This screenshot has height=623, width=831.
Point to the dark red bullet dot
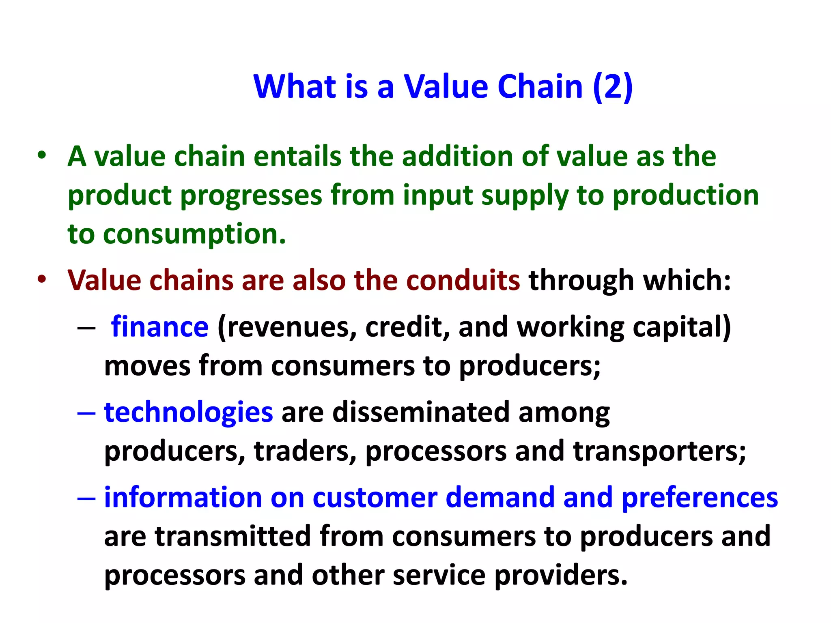(x=42, y=279)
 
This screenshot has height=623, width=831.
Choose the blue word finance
(x=160, y=327)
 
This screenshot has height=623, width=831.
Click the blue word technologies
(x=188, y=412)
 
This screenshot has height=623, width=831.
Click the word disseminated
(x=420, y=412)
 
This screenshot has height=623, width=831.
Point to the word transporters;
(x=659, y=451)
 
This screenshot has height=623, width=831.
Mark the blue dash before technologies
(x=86, y=413)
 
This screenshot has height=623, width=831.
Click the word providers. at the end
(x=561, y=575)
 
